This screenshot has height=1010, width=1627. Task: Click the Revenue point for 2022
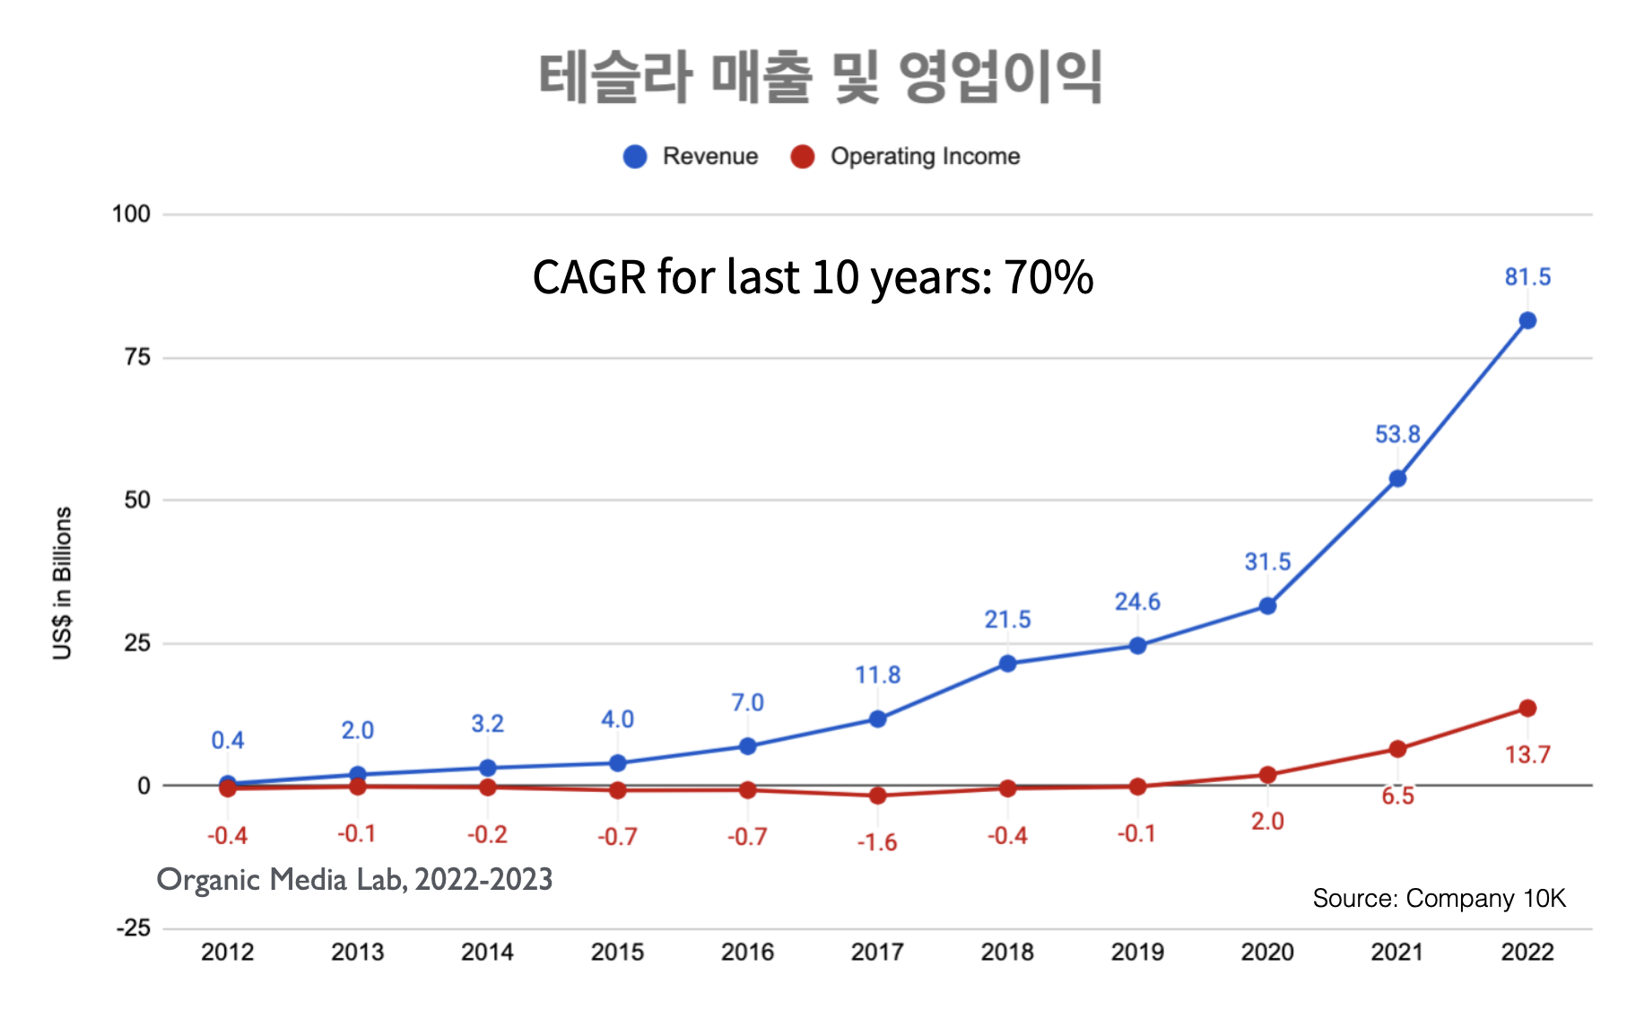[1527, 320]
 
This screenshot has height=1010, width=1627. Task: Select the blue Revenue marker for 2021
[1396, 479]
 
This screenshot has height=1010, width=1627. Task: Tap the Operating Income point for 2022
[1527, 709]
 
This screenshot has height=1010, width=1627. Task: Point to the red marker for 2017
[877, 796]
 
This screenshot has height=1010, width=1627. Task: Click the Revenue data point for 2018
[1007, 664]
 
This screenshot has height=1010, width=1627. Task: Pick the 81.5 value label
[1527, 277]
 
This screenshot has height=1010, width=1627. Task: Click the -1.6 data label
[876, 842]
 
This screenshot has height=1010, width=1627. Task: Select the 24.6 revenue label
[1136, 602]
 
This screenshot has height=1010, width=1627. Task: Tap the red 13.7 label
[1527, 754]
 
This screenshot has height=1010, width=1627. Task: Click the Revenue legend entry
[692, 156]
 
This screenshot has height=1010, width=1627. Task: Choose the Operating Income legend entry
[906, 156]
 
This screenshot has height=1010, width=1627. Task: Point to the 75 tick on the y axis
[137, 357]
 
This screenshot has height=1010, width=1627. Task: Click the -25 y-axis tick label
[133, 927]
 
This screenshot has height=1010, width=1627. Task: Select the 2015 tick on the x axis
[617, 952]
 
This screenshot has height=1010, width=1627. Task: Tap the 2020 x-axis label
[1266, 952]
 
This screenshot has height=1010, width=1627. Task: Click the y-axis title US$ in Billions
[62, 583]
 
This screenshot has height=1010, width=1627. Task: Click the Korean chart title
[820, 77]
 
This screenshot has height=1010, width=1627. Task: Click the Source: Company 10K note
[1439, 898]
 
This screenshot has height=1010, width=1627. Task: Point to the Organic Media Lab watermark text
[354, 880]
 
